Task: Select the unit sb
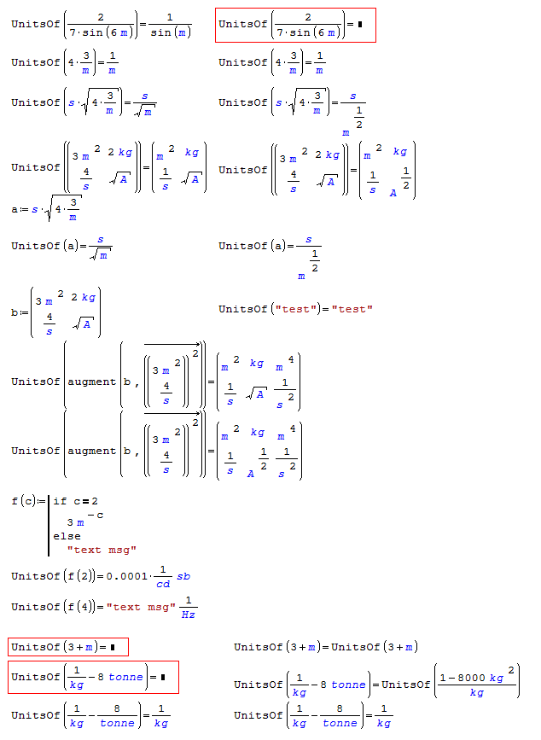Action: (x=183, y=576)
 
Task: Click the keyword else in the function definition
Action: (x=67, y=536)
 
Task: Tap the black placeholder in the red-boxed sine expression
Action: (x=361, y=24)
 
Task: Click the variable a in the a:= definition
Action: (x=15, y=208)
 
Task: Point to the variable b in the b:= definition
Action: (x=15, y=312)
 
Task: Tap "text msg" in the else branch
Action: (x=102, y=550)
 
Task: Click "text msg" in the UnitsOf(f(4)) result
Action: (x=141, y=607)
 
